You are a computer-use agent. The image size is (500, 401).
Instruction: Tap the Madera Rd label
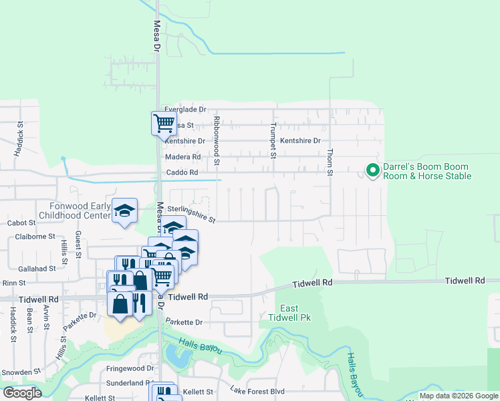(x=182, y=157)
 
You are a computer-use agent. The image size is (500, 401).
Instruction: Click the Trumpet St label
(x=273, y=140)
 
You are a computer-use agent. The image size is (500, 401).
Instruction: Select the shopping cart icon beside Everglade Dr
(x=164, y=123)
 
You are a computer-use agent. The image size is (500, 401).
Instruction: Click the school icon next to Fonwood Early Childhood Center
(x=124, y=211)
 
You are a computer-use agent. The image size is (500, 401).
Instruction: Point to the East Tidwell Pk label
(x=289, y=312)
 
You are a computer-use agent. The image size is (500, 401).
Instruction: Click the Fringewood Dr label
(x=130, y=368)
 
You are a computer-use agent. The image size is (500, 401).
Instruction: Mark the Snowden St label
(x=21, y=372)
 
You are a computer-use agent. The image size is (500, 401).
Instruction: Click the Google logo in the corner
(x=23, y=393)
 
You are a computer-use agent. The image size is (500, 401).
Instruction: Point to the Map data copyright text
(x=459, y=396)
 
